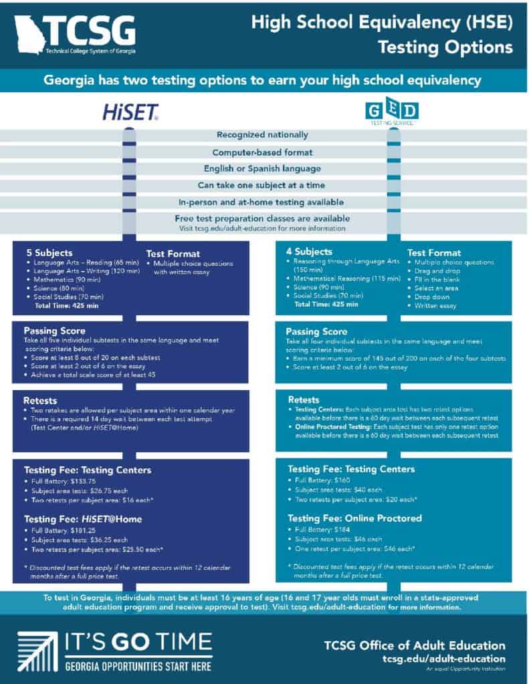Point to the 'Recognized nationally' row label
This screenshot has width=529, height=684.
pyautogui.click(x=263, y=134)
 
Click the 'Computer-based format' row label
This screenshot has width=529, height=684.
pyautogui.click(x=263, y=152)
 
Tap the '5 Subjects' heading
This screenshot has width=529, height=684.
pyautogui.click(x=47, y=253)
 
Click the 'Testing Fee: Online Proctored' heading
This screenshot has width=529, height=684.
pyautogui.click(x=354, y=518)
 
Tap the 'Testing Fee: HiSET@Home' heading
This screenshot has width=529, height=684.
pyautogui.click(x=83, y=518)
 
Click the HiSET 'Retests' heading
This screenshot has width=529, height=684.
pyautogui.click(x=41, y=400)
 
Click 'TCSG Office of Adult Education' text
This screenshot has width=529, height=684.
pyautogui.click(x=415, y=645)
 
